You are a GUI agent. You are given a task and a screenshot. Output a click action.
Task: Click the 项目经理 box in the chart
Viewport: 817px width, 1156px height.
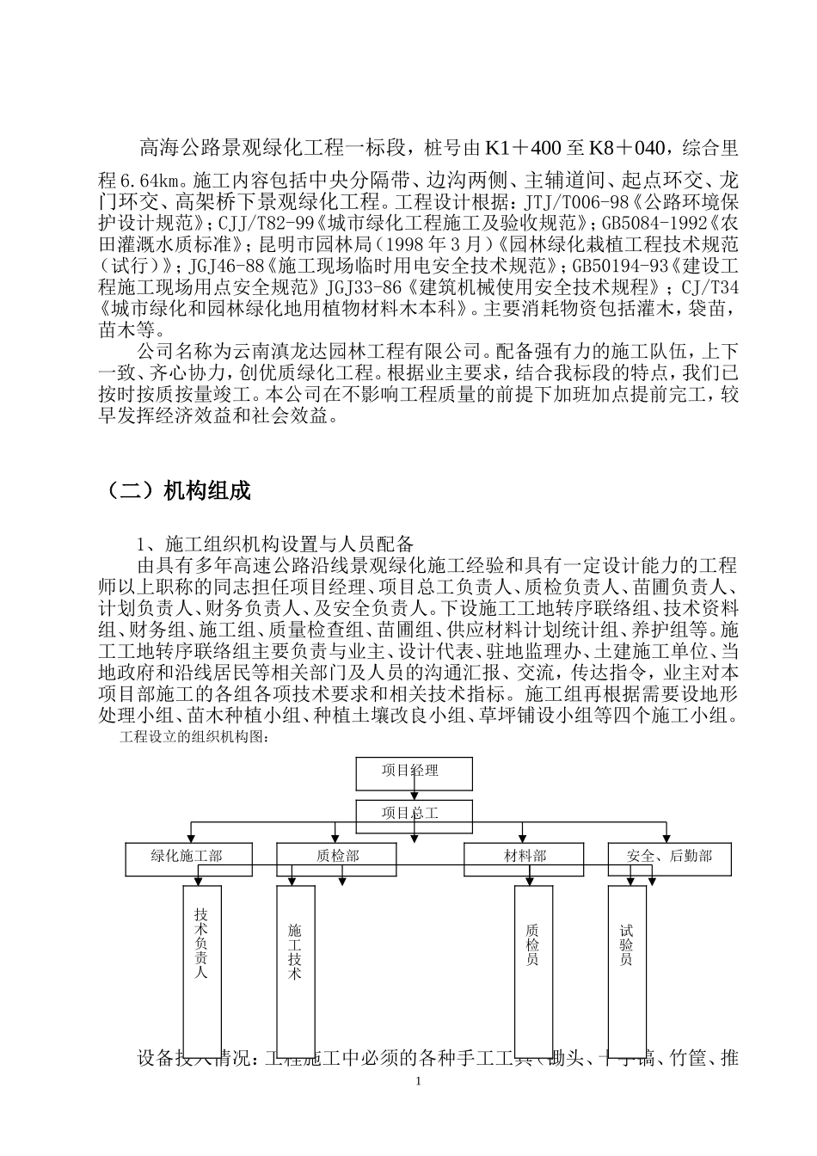click(x=414, y=772)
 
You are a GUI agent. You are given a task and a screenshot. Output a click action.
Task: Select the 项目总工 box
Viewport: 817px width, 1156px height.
click(x=414, y=812)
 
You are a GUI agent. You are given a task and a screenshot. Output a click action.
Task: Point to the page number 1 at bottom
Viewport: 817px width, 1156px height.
click(x=418, y=1079)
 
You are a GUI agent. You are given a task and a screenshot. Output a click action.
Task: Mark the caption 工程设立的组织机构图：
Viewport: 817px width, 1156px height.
click(x=196, y=736)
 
